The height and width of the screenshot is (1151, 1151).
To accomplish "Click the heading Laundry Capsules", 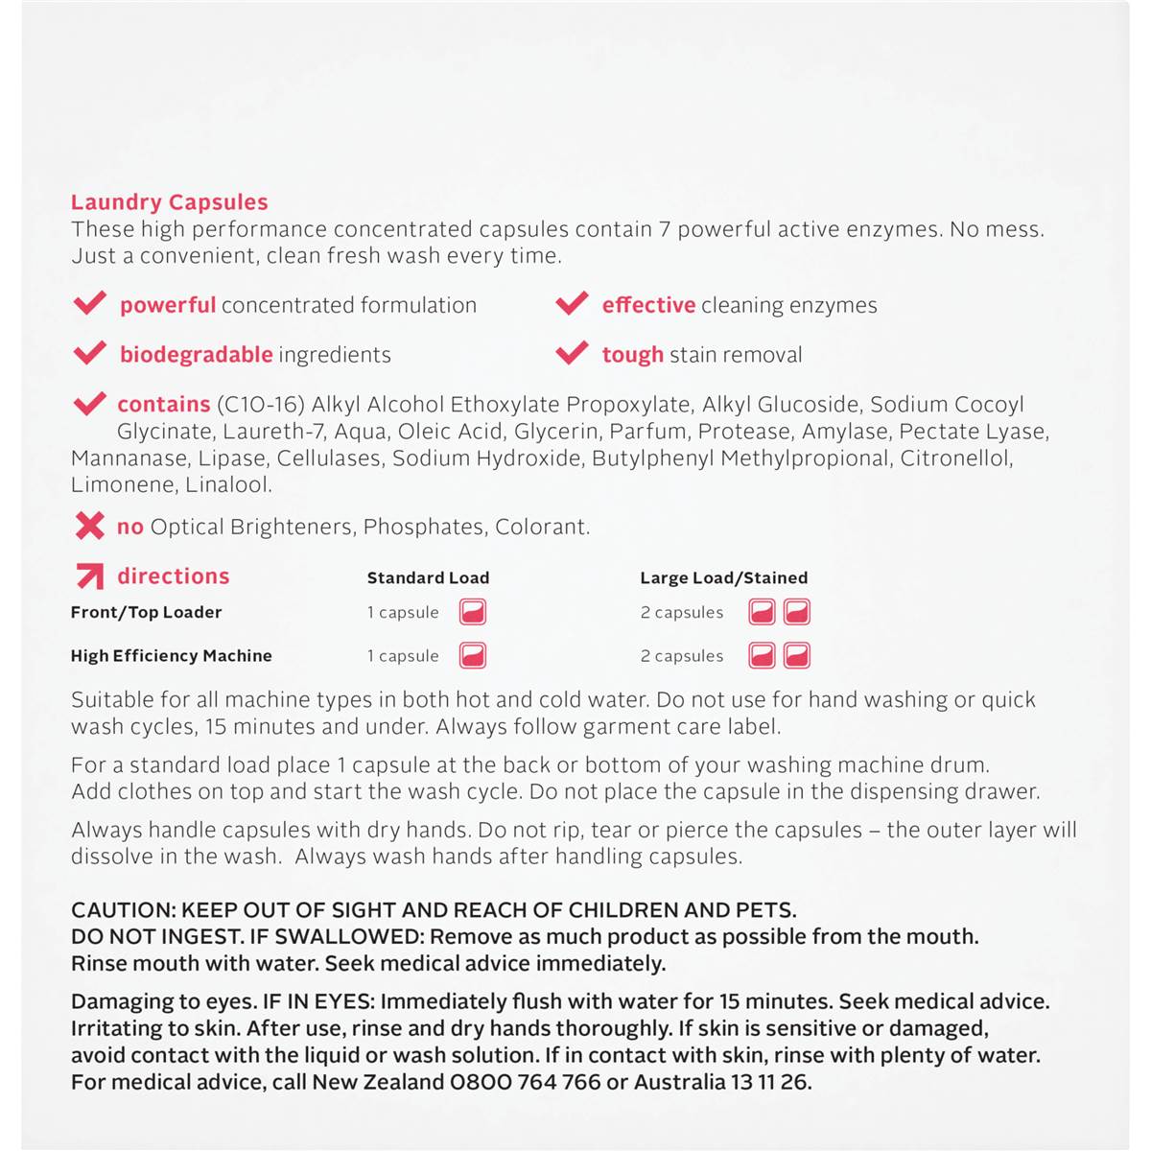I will tap(169, 202).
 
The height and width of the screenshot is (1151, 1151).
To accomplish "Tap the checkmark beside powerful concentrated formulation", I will tap(90, 304).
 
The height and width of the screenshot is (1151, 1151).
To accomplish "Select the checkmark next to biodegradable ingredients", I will tap(90, 354).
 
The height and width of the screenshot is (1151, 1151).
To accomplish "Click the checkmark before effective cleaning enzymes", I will tap(572, 304).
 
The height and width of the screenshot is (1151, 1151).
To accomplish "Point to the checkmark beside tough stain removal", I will tap(572, 354).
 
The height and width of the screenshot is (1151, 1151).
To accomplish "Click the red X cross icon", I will tap(89, 526).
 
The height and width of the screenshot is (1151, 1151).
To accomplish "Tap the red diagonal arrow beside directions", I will tap(89, 575).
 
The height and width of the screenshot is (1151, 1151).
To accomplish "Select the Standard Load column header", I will tap(428, 577).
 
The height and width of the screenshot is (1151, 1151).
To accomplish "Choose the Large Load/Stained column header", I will tap(723, 577).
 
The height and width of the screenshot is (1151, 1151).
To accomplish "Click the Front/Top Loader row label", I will tap(146, 612).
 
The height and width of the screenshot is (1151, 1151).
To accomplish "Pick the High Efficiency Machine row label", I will tap(171, 656).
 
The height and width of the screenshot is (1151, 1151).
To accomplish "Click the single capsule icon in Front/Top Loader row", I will tap(473, 612).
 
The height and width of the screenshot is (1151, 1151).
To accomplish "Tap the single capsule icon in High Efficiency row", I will tap(473, 656).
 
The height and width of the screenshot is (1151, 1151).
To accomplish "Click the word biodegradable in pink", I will tap(196, 355).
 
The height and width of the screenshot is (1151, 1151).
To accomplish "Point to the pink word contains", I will tap(163, 405).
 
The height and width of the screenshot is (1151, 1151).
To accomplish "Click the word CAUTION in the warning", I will tap(121, 910).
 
